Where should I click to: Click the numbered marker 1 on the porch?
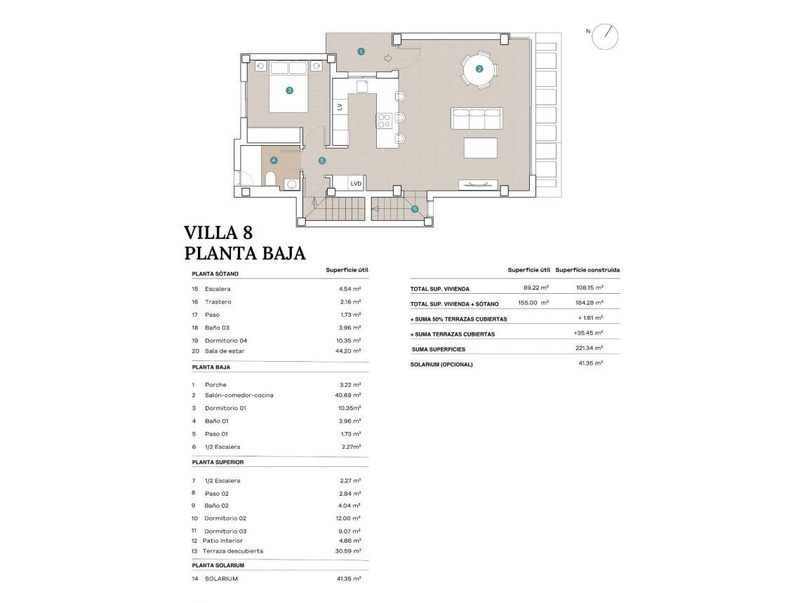tap(361, 51)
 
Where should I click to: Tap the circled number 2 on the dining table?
tap(479, 69)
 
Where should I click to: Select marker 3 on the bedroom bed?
tap(289, 90)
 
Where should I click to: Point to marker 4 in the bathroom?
tap(274, 161)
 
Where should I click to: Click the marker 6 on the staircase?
tap(415, 208)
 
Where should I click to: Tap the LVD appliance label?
tap(356, 184)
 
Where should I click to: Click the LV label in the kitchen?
tap(340, 107)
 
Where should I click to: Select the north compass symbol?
tap(605, 36)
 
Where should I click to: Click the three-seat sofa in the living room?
tap(476, 118)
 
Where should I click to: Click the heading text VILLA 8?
tap(218, 232)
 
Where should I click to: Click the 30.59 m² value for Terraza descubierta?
tap(349, 551)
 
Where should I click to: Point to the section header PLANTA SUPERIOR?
tap(218, 462)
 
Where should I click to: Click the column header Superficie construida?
tap(587, 270)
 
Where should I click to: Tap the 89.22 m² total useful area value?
tap(536, 287)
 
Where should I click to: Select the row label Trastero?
tap(218, 301)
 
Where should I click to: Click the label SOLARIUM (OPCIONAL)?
tap(441, 365)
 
